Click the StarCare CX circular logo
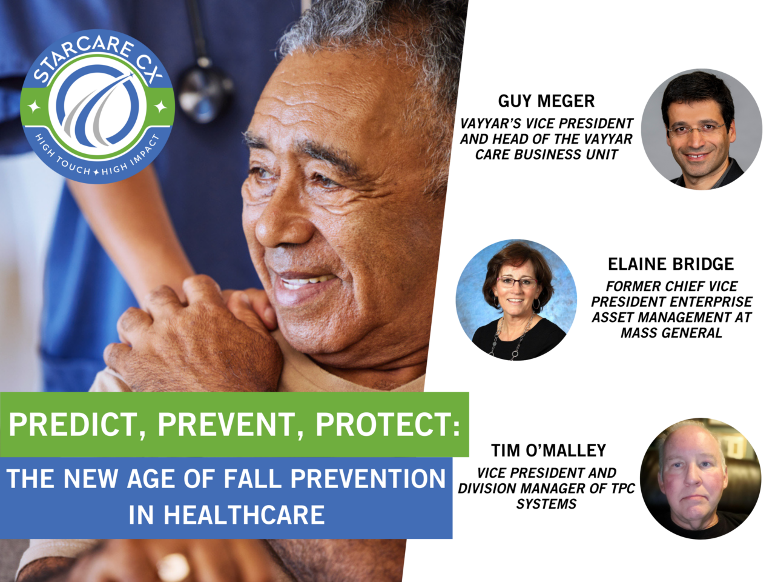point(97,107)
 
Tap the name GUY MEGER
point(546,101)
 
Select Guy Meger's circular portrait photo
point(702,129)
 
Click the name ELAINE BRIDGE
point(670,264)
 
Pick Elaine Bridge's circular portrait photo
point(516,299)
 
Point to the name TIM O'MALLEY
point(548,450)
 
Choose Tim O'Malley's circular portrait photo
point(701,478)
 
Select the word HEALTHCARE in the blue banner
point(244,515)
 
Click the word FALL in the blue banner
point(254,479)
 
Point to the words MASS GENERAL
point(671,333)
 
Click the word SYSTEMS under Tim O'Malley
point(546,504)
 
